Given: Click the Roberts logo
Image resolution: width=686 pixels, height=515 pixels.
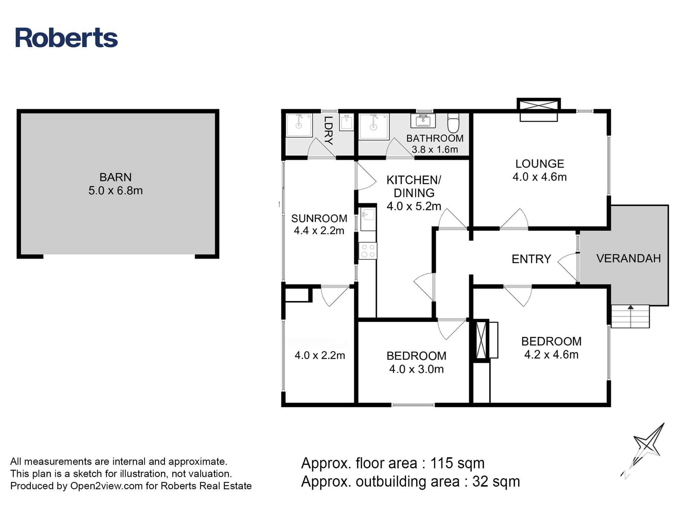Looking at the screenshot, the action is point(67,37).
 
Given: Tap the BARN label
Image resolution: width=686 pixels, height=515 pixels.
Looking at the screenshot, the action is point(116,177).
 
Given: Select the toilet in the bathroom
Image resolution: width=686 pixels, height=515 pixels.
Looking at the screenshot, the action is point(453,123).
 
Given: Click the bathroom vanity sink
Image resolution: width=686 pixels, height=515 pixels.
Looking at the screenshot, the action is point(423,121).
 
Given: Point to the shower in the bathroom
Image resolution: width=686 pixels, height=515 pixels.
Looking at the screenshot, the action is point(374,127).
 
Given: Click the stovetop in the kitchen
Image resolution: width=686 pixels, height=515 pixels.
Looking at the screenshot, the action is point(368,251).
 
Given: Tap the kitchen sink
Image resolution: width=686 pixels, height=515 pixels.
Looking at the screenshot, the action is point(368,219).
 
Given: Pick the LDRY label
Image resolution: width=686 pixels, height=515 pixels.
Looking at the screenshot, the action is point(329,131).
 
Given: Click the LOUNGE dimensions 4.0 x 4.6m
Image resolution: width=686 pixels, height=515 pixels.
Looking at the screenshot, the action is point(540,177).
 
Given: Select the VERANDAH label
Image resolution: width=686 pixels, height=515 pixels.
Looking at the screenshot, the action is point(629,258).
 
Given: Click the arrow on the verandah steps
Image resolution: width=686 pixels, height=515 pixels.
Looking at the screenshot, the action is point(630,316).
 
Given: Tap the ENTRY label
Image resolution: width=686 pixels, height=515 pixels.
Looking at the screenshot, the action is point(531,259).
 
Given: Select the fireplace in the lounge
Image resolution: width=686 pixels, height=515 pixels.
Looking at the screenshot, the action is point(539,110).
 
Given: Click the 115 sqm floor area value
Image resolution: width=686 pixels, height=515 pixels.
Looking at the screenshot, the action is point(457,463).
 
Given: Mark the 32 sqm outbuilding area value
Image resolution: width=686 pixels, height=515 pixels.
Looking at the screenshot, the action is point(496,481).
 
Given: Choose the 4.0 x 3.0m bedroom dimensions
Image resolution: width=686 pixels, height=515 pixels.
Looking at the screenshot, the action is point(416,369).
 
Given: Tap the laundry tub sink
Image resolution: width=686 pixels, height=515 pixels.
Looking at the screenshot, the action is point(346,122).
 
